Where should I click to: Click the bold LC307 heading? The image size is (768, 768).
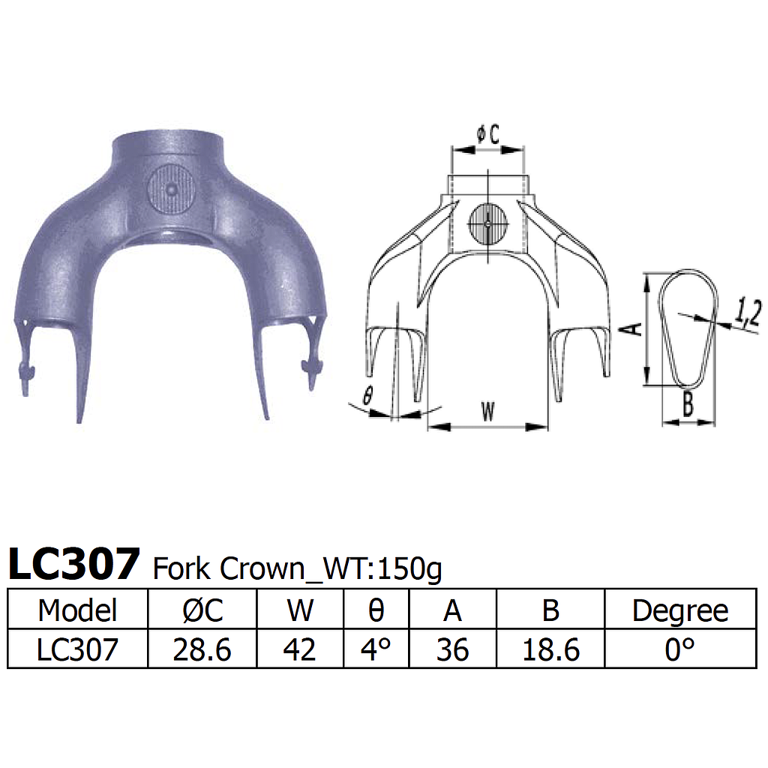(x=73, y=564)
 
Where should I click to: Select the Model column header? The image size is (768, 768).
(x=78, y=610)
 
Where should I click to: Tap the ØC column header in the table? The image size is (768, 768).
(x=202, y=610)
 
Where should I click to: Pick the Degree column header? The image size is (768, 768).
(x=679, y=610)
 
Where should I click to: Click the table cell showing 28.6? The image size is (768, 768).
(x=202, y=649)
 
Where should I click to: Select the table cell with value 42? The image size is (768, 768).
(x=300, y=649)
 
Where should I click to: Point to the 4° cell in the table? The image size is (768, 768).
(x=376, y=649)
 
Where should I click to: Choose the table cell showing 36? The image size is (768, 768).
(x=452, y=649)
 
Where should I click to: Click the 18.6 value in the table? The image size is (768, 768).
(x=550, y=649)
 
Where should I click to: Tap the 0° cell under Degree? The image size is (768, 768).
(x=679, y=649)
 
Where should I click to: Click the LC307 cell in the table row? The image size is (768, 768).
(x=78, y=649)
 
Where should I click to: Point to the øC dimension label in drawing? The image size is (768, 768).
(x=487, y=135)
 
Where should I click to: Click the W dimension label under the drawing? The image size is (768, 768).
(x=487, y=412)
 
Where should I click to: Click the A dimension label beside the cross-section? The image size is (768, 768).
(x=632, y=328)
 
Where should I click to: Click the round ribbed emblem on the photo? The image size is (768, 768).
(x=172, y=190)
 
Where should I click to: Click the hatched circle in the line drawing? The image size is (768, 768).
(x=487, y=223)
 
